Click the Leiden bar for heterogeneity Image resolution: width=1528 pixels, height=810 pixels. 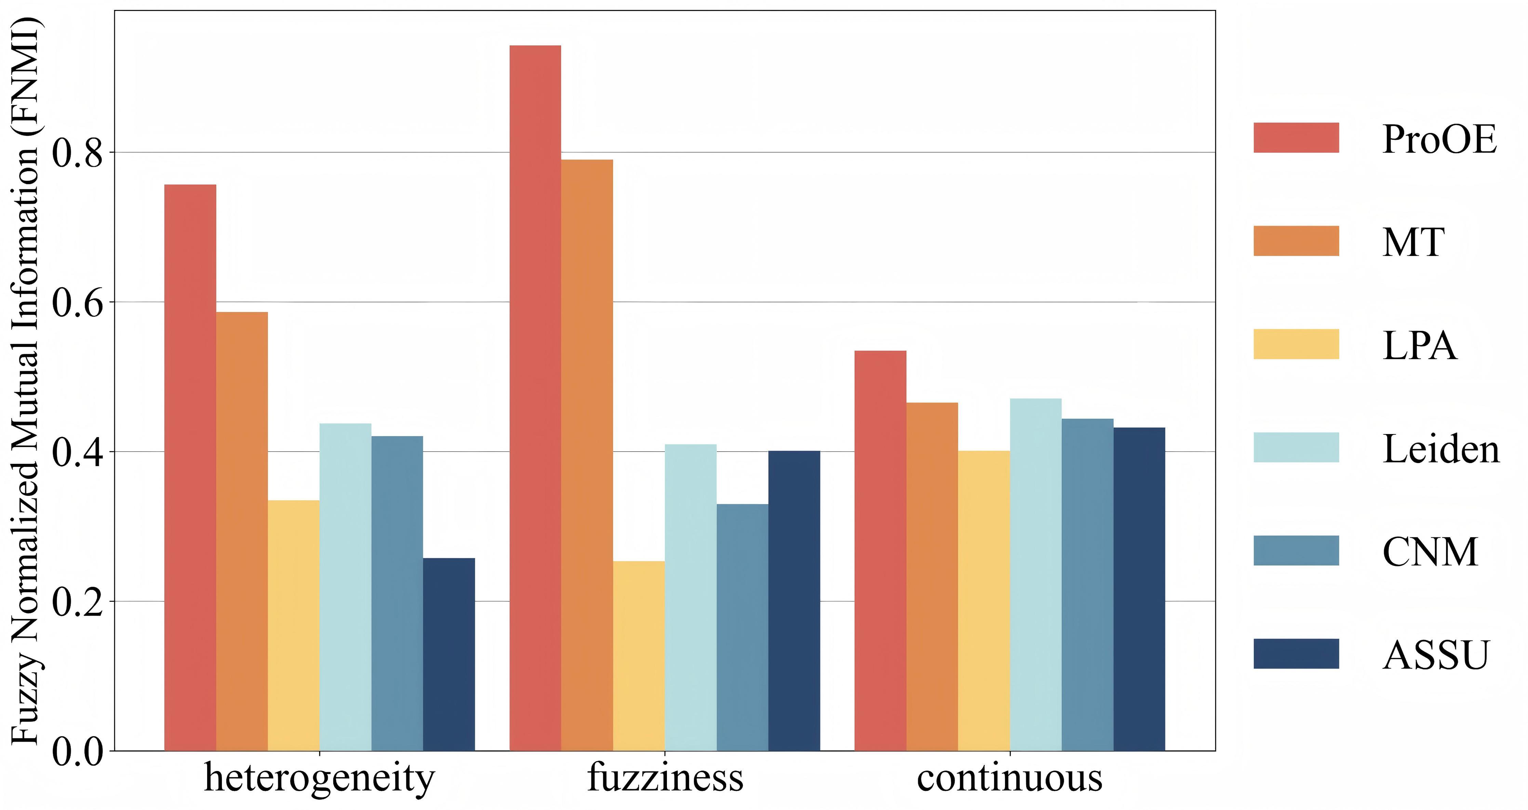point(345,587)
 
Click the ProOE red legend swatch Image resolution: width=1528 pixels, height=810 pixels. point(1296,138)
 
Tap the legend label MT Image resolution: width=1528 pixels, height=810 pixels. point(1413,243)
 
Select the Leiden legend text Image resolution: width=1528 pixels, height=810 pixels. point(1440,449)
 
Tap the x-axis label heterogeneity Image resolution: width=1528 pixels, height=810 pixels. point(319,778)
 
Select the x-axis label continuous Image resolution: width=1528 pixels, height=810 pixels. point(1009,778)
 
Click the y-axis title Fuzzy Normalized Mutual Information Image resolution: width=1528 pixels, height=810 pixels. point(25,379)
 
